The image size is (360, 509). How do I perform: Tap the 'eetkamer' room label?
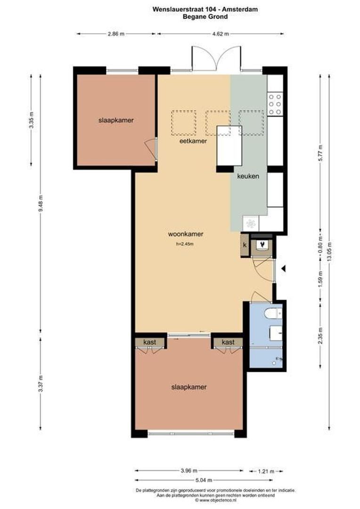click(193, 141)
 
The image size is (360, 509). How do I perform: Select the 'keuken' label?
click(248, 176)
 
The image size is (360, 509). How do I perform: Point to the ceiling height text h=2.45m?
click(184, 244)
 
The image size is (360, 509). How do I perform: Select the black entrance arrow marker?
click(284, 269)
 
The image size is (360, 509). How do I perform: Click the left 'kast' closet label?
click(150, 342)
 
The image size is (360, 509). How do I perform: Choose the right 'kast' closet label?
click(228, 342)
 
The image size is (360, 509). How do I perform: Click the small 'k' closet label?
click(245, 245)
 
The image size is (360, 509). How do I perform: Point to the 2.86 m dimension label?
click(116, 33)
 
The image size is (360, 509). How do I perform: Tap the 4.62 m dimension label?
click(221, 33)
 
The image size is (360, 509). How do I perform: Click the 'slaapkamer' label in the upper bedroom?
click(116, 120)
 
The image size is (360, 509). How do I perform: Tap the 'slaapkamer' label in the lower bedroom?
click(189, 387)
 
